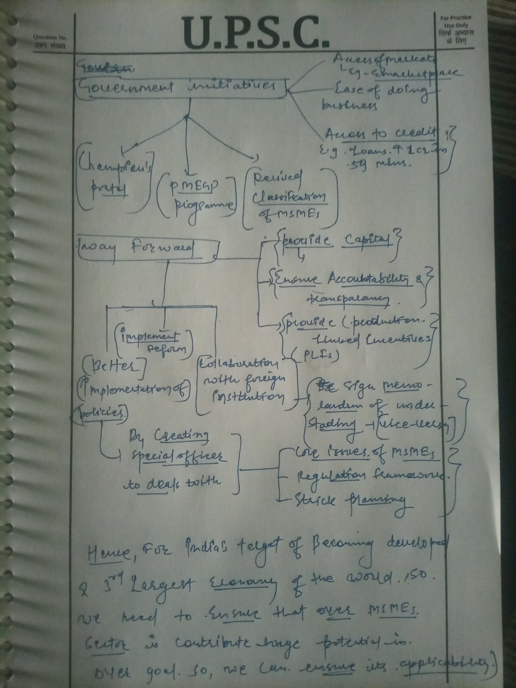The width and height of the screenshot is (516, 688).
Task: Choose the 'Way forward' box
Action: tap(146, 249)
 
